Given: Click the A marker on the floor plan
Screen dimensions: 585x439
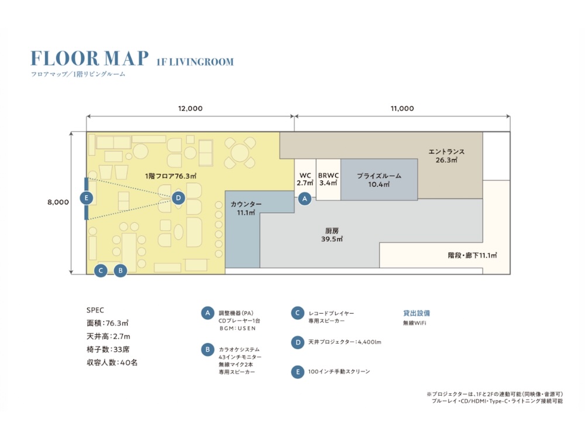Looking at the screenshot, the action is (305, 198).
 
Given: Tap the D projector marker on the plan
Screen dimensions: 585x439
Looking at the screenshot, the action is (178, 198).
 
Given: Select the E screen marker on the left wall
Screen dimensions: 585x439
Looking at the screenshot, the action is (87, 198).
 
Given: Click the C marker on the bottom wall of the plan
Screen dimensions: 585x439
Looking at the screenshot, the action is (101, 270).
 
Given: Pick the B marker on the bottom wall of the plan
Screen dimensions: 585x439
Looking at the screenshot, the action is (120, 270).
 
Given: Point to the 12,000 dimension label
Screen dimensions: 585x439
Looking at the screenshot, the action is (190, 109).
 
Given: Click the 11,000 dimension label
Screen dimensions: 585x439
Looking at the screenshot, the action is (402, 109).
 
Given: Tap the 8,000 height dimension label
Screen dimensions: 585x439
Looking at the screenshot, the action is (58, 202).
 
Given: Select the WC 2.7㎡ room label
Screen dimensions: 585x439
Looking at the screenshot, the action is (305, 179).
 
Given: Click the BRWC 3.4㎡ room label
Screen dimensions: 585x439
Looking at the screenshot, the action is (328, 179).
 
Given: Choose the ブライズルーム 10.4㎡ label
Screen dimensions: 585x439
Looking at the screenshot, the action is (379, 180).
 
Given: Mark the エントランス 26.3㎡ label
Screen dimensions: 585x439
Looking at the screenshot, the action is (446, 156).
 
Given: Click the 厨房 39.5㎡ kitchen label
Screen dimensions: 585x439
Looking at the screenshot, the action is (332, 235).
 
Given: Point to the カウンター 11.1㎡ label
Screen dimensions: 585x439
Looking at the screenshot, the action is (246, 208).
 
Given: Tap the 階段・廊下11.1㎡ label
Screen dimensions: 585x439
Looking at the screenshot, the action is (472, 255).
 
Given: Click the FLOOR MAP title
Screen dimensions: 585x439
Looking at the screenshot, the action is (90, 58).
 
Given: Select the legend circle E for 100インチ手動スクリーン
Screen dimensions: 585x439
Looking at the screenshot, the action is (297, 372).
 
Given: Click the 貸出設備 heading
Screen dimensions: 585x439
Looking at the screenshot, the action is (417, 313).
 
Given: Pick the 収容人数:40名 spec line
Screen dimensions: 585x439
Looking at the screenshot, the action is (112, 362).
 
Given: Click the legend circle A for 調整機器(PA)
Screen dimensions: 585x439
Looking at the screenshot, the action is (208, 313).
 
